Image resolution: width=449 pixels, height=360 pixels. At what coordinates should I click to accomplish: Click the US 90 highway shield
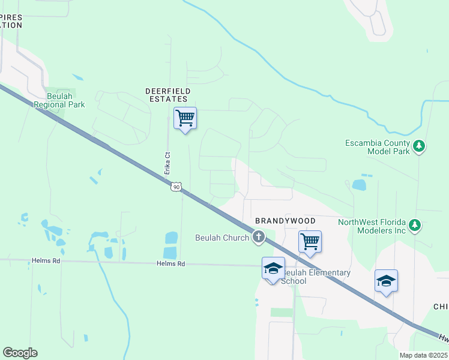pyautogui.click(x=175, y=187)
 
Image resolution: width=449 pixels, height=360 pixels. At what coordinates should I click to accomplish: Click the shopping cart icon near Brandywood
pyautogui.click(x=310, y=242)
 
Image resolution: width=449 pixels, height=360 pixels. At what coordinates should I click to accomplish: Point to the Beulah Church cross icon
pyautogui.click(x=259, y=238)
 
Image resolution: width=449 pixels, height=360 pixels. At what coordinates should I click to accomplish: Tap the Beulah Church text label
pyautogui.click(x=222, y=238)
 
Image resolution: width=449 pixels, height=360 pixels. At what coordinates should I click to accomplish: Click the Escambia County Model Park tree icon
pyautogui.click(x=419, y=146)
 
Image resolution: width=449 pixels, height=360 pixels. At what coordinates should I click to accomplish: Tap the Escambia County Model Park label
pyautogui.click(x=378, y=147)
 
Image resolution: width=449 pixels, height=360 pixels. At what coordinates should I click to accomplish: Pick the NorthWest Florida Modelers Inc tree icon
pyautogui.click(x=414, y=226)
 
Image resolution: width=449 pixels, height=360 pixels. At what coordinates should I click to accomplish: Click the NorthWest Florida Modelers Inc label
pyautogui.click(x=372, y=226)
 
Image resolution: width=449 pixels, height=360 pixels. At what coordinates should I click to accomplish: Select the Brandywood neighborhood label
pyautogui.click(x=286, y=221)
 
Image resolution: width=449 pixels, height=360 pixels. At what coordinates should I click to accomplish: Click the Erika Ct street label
pyautogui.click(x=168, y=163)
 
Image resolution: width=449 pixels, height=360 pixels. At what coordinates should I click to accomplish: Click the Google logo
pyautogui.click(x=20, y=353)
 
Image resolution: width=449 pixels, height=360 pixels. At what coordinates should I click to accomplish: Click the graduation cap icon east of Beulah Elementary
pyautogui.click(x=386, y=281)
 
